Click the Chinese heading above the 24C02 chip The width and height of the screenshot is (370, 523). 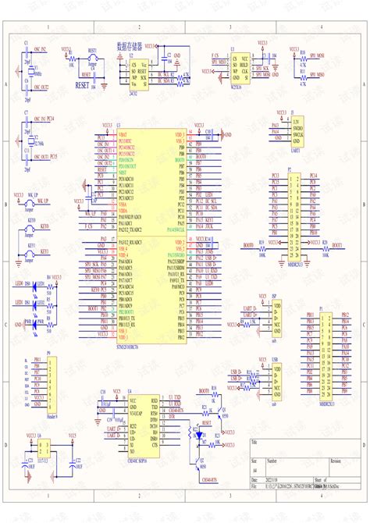click(130, 46)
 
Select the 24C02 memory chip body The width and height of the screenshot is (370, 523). click(139, 67)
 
